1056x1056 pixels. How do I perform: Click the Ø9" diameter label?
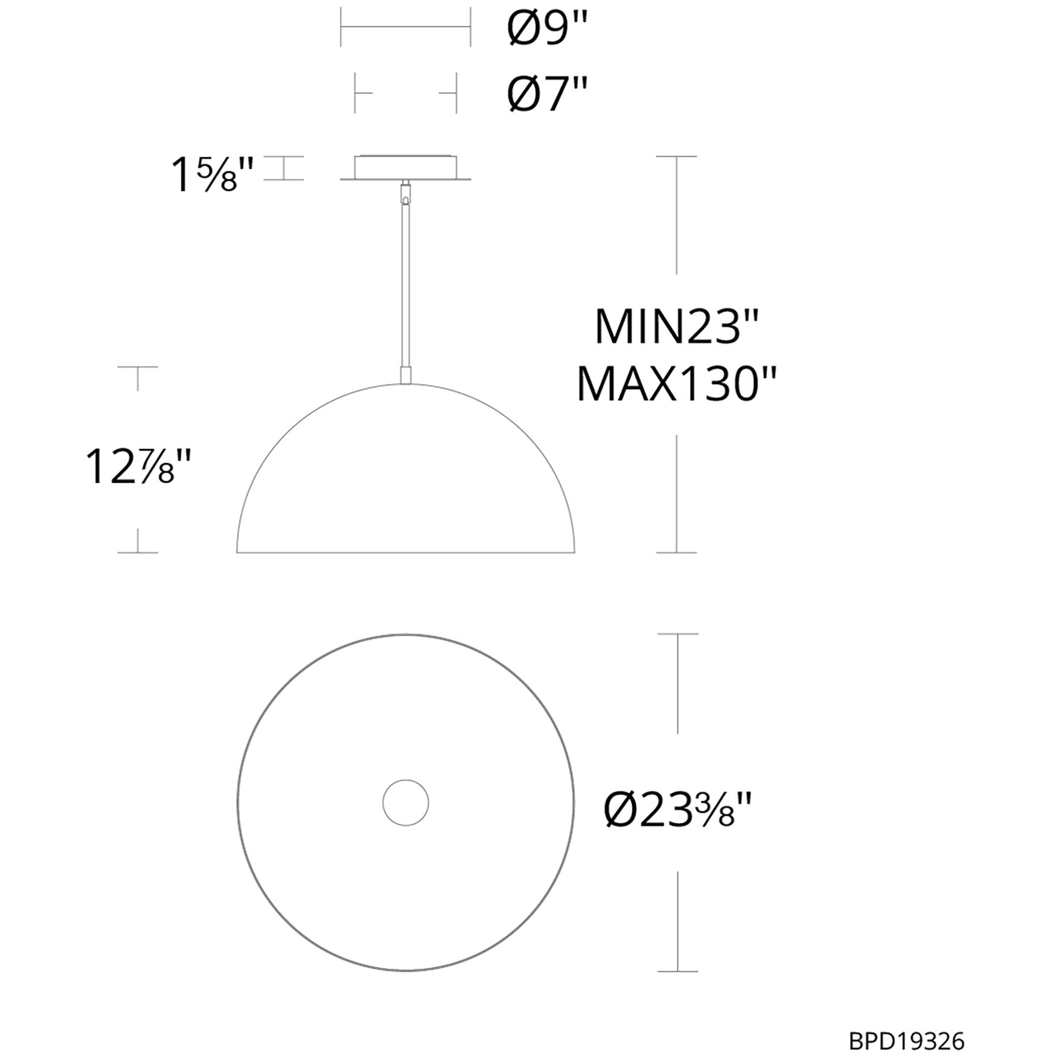pos(546,29)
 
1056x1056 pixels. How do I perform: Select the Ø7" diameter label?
pos(546,94)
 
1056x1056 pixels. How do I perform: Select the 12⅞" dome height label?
pos(138,467)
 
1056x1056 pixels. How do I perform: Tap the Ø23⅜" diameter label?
pos(677,809)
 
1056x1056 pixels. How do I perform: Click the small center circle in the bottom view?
pos(406,802)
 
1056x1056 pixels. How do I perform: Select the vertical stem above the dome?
pos(406,284)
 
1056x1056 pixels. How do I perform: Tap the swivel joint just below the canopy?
pos(406,193)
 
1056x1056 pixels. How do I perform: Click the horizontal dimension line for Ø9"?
pos(406,27)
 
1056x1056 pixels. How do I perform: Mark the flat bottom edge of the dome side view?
pos(406,552)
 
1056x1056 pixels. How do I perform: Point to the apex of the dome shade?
pos(406,385)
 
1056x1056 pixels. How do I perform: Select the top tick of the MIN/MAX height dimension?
pos(676,156)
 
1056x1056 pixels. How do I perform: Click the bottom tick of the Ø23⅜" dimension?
pos(677,971)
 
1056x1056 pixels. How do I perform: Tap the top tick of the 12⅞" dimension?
pos(138,367)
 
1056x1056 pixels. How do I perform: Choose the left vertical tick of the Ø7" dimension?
pos(355,93)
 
